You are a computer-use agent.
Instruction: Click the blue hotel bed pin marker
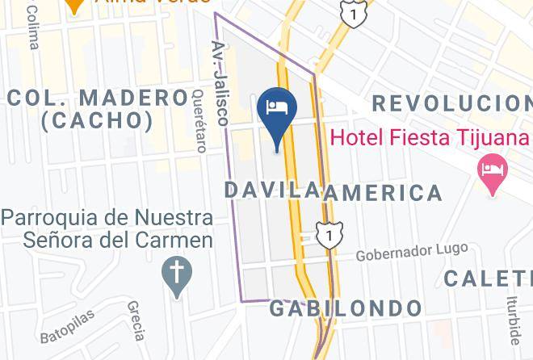(x=277, y=111)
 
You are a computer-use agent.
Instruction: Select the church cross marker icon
(x=176, y=272)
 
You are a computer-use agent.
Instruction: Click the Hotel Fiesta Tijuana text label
(x=429, y=136)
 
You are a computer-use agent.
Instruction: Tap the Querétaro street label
(x=200, y=120)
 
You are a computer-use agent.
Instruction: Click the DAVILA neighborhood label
(x=271, y=190)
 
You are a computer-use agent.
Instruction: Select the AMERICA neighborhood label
(x=382, y=193)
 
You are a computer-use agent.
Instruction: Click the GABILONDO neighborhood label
(x=345, y=308)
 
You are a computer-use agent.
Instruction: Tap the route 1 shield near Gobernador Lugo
(x=329, y=235)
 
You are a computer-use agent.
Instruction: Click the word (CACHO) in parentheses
(x=98, y=121)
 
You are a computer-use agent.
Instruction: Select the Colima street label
(x=33, y=27)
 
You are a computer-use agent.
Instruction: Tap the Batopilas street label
(x=66, y=326)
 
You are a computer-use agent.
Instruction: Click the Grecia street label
(x=136, y=320)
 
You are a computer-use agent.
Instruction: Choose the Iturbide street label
(x=513, y=319)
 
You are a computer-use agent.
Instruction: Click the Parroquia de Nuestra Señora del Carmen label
(x=107, y=228)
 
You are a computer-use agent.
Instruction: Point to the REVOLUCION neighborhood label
(x=451, y=103)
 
